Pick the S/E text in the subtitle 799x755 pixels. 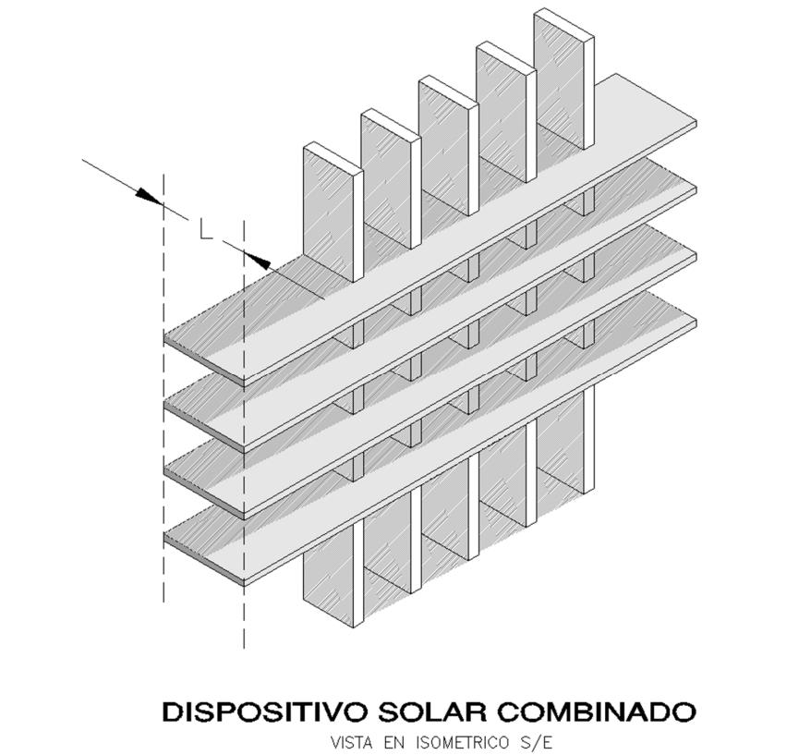pyautogui.click(x=541, y=742)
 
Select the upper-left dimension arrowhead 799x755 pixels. pyautogui.click(x=148, y=195)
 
